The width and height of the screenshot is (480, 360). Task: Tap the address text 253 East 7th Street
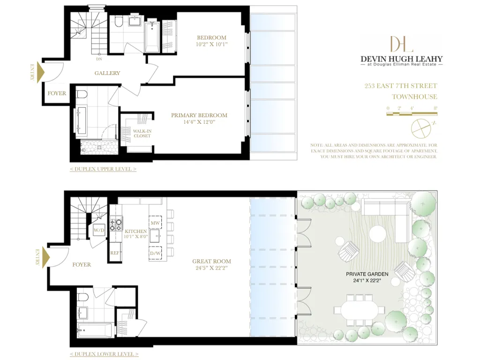coord(401,86)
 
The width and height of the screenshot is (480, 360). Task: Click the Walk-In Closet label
coord(142,134)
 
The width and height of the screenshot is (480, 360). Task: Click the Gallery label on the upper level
coord(107,73)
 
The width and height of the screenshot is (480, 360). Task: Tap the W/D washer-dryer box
coord(99,230)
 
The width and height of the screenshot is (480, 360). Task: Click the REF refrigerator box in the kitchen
coord(115,252)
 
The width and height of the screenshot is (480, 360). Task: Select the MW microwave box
coord(155,222)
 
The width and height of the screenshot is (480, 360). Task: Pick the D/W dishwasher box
coord(155,253)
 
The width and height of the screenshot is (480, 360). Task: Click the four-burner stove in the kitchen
coord(116,225)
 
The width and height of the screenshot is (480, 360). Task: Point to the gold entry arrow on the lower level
coord(46,257)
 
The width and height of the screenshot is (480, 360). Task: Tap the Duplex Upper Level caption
coord(103,169)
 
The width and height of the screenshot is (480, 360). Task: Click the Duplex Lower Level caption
coord(104,354)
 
